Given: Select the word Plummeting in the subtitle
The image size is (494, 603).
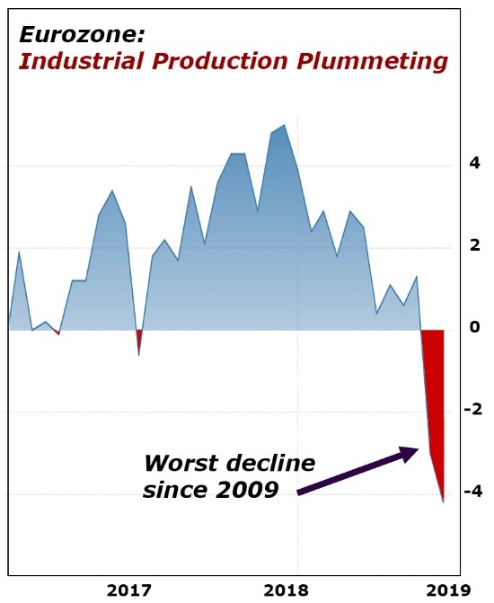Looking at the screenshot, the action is (372, 62).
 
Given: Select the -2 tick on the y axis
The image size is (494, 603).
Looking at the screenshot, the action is (472, 409).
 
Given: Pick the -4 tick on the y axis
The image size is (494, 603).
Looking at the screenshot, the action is (472, 491).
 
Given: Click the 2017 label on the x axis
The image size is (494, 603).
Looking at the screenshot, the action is (129, 590).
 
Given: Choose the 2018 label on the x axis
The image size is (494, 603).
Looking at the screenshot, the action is (286, 590).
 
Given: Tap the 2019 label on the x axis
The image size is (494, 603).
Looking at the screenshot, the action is (448, 590).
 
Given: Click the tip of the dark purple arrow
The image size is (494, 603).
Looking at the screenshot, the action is (419, 448).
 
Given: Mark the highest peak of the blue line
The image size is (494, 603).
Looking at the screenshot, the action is (284, 125).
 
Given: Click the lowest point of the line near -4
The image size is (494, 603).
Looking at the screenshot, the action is (444, 502).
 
